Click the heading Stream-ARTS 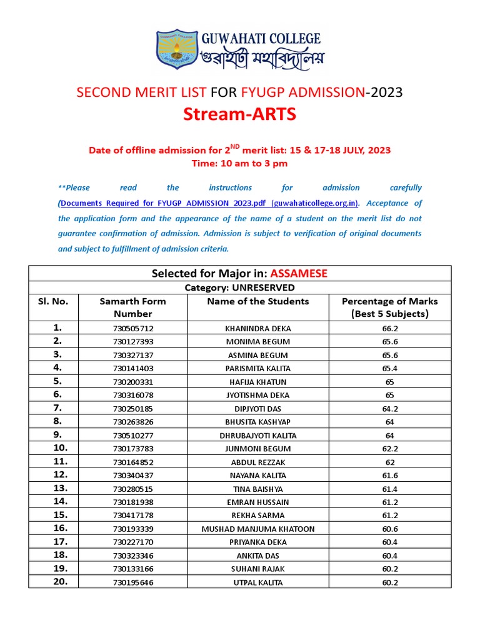click(x=239, y=114)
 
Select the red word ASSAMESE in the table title click(x=299, y=273)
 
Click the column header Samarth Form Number click(x=132, y=307)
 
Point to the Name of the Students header click(x=257, y=301)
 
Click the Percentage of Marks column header click(x=389, y=307)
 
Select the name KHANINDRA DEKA click(x=257, y=328)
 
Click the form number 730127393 click(x=133, y=341)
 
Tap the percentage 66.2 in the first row click(x=389, y=328)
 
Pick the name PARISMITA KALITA click(x=257, y=368)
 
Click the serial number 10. click(x=61, y=447)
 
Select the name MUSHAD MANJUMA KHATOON click(x=257, y=529)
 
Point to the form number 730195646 click(x=133, y=582)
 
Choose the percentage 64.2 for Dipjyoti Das click(x=389, y=408)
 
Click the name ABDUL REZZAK click(x=257, y=462)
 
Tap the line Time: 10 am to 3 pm click(x=239, y=163)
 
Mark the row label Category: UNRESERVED click(x=239, y=287)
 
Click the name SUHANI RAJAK click(x=257, y=569)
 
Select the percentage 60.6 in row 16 click(x=389, y=529)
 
